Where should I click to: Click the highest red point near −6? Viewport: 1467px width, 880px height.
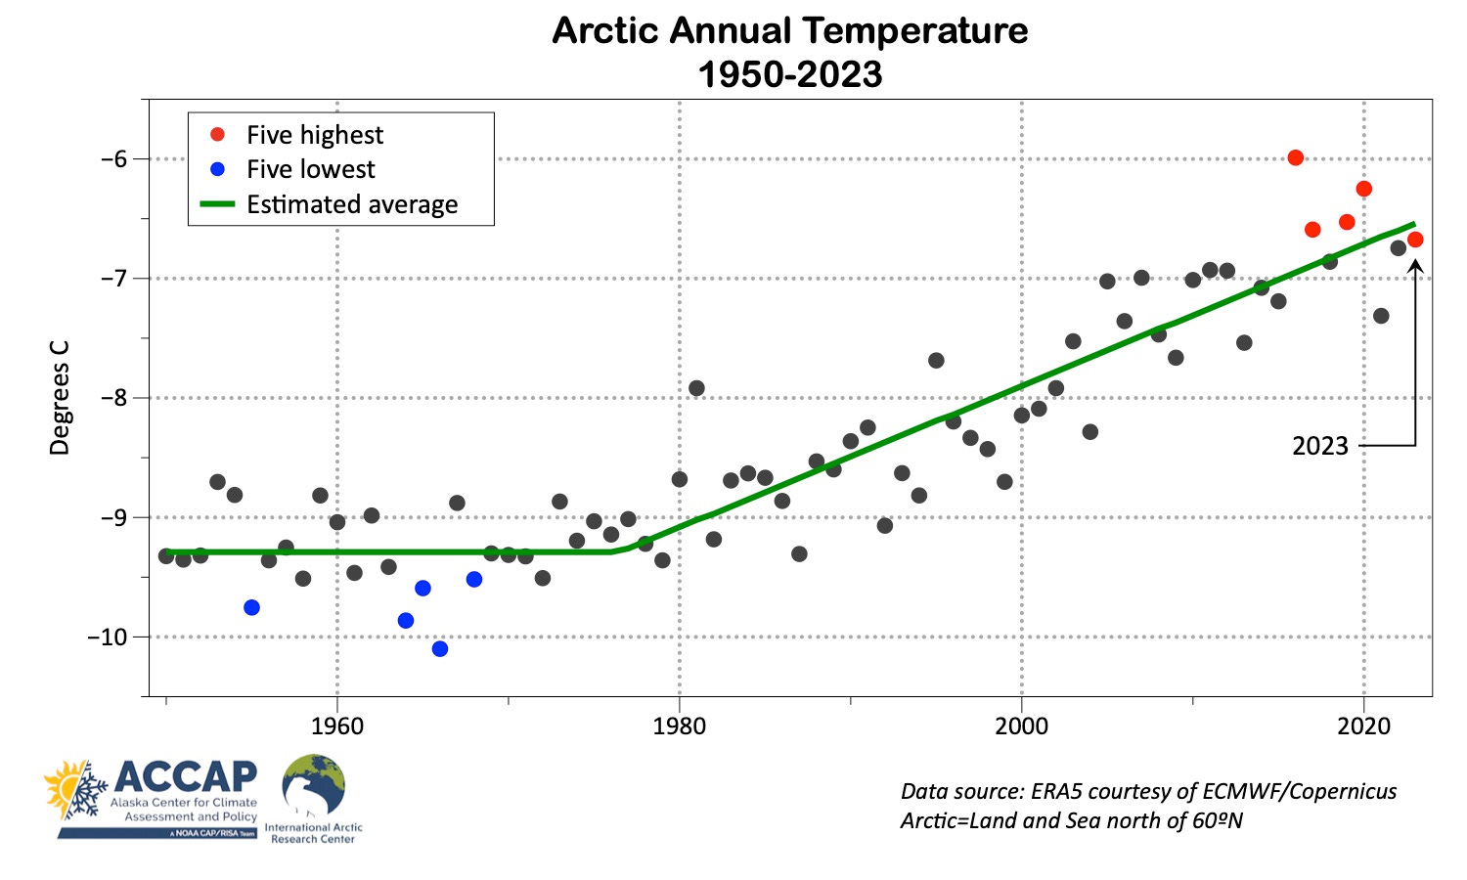[x=1295, y=157]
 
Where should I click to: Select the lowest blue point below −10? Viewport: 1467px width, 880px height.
[x=440, y=648]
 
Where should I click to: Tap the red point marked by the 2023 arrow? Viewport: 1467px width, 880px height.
[x=1414, y=240]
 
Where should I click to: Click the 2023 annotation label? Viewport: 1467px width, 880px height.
[x=1319, y=446]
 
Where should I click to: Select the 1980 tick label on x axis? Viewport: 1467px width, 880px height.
[x=679, y=726]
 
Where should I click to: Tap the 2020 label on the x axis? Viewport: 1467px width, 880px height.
[x=1363, y=726]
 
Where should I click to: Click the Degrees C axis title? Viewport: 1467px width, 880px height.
[x=61, y=397]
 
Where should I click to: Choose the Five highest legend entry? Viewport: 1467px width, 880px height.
[x=314, y=135]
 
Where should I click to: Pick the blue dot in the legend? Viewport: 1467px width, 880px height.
[x=218, y=169]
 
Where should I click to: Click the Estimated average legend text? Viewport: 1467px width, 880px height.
[x=352, y=204]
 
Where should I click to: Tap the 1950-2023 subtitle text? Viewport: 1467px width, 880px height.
[x=790, y=74]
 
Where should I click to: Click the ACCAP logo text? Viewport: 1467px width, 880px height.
[x=186, y=776]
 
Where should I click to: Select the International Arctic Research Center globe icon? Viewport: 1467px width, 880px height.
[x=313, y=786]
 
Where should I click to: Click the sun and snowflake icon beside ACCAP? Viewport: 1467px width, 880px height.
[x=75, y=788]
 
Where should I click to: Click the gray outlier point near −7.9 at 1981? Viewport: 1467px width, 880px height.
[x=696, y=388]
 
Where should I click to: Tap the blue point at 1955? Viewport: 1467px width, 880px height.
[x=251, y=607]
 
